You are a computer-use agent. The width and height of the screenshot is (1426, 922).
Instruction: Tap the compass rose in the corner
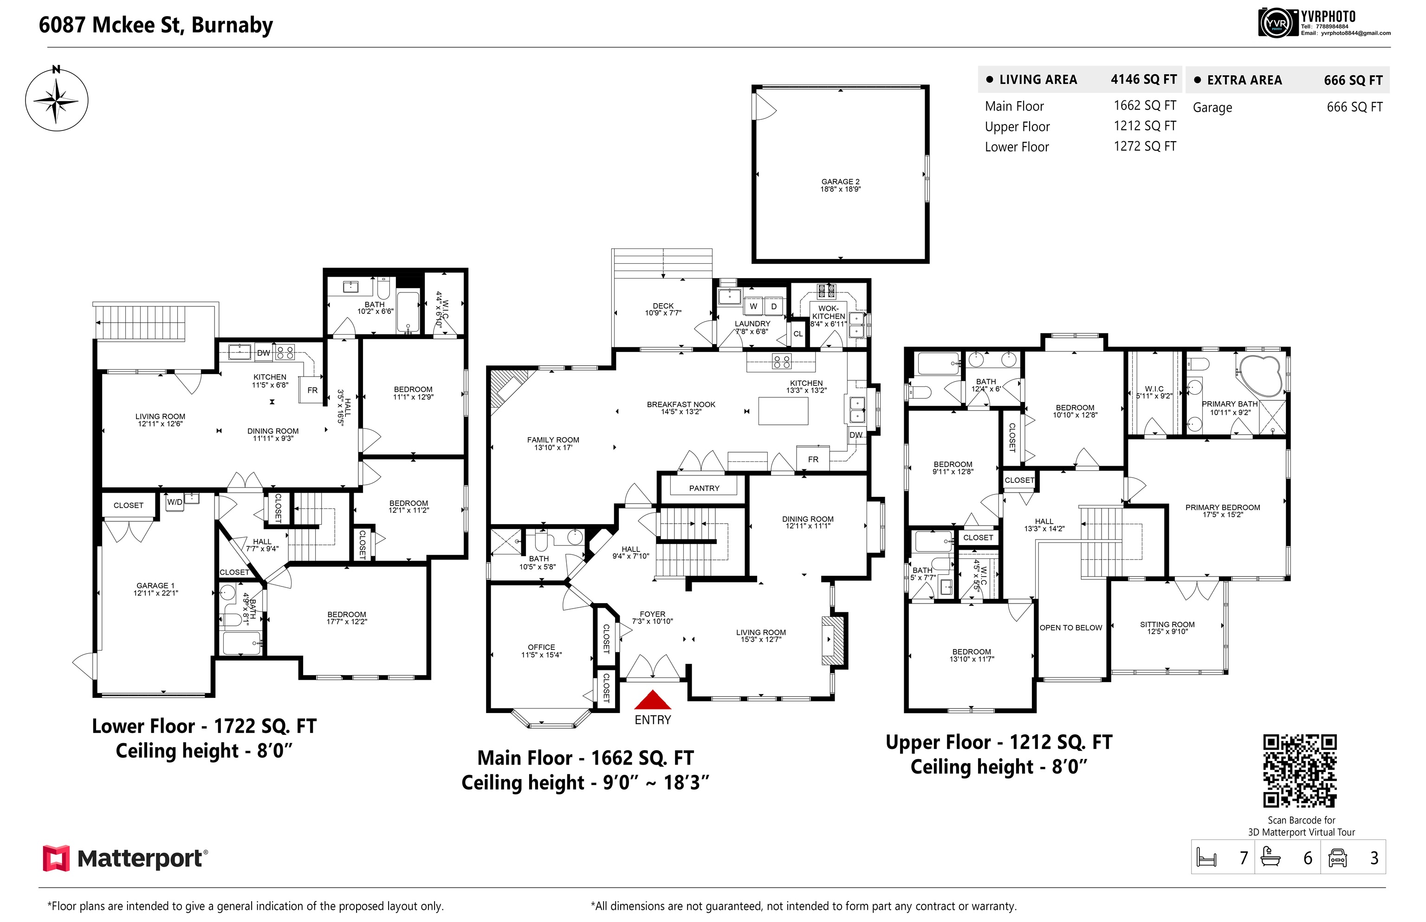[56, 99]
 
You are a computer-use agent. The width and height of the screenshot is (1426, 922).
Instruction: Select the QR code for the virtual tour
[1300, 771]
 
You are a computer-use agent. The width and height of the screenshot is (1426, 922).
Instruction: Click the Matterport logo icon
[56, 858]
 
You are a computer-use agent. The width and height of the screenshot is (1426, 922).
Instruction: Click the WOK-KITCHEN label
[829, 312]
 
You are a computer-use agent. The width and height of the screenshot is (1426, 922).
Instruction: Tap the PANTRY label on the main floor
[704, 488]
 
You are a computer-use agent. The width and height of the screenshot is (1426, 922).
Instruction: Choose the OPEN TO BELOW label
[1070, 628]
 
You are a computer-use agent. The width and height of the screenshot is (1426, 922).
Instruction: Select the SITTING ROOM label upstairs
[1167, 624]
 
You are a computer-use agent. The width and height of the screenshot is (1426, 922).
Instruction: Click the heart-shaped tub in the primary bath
[1261, 376]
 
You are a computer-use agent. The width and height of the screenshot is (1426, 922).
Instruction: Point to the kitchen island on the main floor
[783, 411]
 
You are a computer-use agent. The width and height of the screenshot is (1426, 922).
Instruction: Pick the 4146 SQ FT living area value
[1143, 80]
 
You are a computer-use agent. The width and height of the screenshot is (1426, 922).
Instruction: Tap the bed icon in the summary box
[1206, 857]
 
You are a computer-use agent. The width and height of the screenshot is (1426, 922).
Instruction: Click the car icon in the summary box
[1338, 858]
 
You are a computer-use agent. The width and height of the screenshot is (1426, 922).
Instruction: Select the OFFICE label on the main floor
[541, 647]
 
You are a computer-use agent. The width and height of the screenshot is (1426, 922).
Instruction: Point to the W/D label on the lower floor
[175, 502]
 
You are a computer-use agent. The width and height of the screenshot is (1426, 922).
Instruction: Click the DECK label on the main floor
[663, 305]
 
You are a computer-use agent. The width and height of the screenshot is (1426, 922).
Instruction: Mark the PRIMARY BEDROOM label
[1223, 507]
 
